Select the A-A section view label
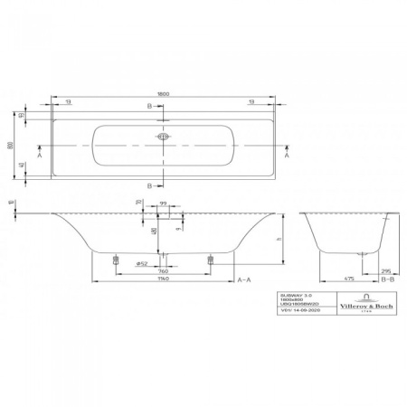[243, 280]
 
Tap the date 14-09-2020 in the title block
[298, 314]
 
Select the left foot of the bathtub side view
[116, 258]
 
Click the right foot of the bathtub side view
[210, 258]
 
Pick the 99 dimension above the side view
[163, 205]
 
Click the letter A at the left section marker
[37, 156]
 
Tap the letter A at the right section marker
[289, 156]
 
